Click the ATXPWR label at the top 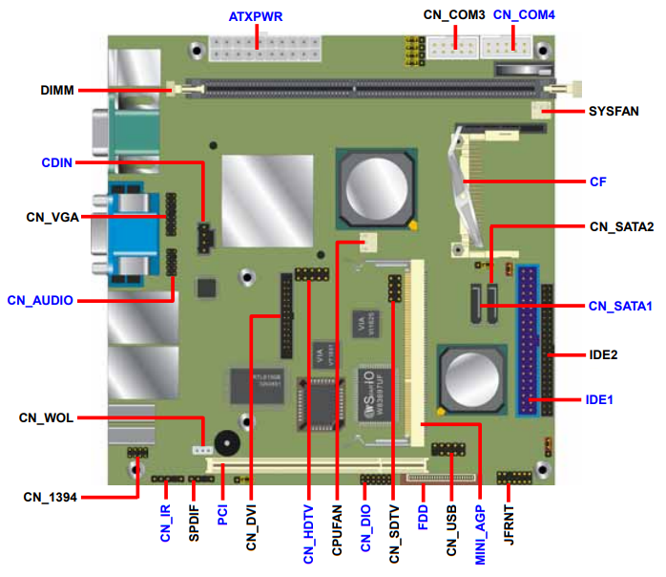(256, 16)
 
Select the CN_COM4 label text (524, 15)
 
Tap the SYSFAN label (614, 111)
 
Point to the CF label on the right (597, 182)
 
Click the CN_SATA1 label (620, 306)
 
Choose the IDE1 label (599, 399)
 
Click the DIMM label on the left (57, 90)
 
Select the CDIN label (56, 162)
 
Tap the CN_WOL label (46, 417)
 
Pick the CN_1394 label (51, 497)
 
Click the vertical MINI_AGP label (480, 534)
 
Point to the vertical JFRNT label (509, 524)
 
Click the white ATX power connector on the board (264, 49)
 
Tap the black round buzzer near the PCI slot (227, 443)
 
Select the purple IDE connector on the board (528, 341)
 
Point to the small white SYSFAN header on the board (541, 111)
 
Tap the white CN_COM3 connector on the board (453, 47)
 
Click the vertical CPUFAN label (337, 530)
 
